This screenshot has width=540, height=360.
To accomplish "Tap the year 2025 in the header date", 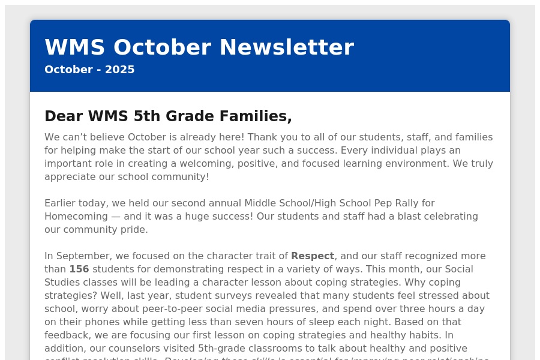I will tap(120, 70).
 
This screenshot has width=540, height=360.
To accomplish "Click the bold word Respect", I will tap(312, 256).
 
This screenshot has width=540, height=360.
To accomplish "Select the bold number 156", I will tap(79, 269).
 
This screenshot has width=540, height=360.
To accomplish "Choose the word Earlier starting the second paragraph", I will tap(62, 203).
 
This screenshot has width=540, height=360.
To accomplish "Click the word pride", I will tap(134, 230).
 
